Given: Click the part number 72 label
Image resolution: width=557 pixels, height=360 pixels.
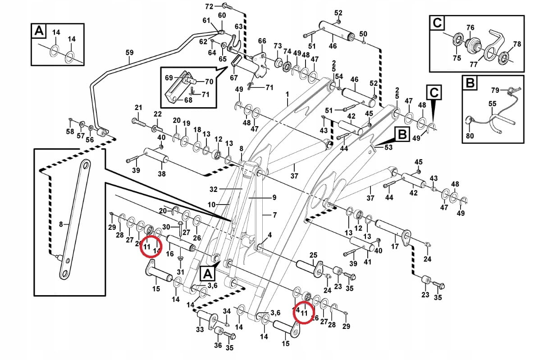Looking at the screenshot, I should [209, 6].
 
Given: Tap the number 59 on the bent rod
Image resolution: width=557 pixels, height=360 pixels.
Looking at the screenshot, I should [129, 53].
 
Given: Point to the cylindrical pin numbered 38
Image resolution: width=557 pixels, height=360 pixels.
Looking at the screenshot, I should [156, 158].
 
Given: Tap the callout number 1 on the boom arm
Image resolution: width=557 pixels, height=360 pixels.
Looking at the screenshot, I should [286, 94].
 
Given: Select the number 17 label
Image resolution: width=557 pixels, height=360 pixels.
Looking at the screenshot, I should [394, 246].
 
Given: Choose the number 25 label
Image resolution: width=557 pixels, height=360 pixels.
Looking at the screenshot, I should [313, 255].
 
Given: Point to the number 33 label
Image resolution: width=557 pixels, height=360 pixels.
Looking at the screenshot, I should [200, 330].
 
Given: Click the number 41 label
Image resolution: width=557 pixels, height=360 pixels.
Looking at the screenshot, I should [368, 261].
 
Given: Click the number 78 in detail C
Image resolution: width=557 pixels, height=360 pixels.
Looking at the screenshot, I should [517, 44].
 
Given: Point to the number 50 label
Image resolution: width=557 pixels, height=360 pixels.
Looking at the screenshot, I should [363, 34].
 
